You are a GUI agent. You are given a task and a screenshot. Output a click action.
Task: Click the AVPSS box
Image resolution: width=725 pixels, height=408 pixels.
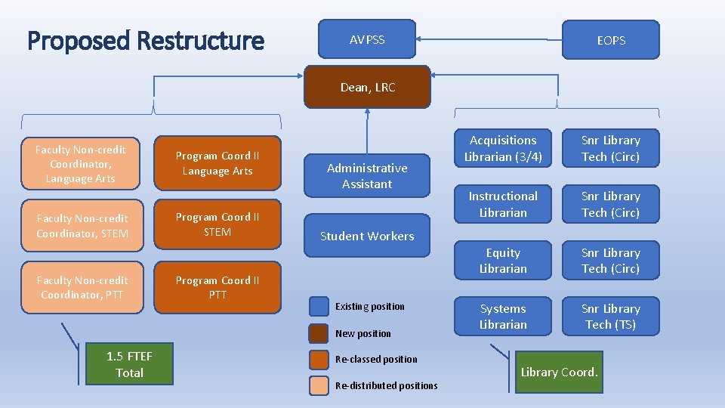pyautogui.click(x=367, y=39)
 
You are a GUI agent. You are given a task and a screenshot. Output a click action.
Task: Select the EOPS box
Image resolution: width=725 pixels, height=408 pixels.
pyautogui.click(x=611, y=40)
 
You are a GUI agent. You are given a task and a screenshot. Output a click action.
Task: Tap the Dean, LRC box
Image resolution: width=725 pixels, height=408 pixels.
pyautogui.click(x=367, y=87)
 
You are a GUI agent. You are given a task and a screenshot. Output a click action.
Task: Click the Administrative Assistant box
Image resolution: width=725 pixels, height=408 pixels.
pyautogui.click(x=367, y=176)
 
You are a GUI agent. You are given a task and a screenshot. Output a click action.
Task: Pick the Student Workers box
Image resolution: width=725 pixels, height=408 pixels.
pyautogui.click(x=367, y=236)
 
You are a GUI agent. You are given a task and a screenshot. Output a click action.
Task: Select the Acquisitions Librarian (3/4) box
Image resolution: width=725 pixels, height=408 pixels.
pyautogui.click(x=503, y=149)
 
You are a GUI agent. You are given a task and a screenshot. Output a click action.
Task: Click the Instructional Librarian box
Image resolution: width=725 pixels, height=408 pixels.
pyautogui.click(x=503, y=205)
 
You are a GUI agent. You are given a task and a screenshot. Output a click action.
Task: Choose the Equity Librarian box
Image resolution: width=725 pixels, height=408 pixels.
pyautogui.click(x=503, y=261)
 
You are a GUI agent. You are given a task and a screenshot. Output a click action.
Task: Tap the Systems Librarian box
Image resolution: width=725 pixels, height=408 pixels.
pyautogui.click(x=503, y=317)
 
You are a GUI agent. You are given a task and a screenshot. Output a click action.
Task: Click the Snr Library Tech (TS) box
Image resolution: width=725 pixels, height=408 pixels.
pyautogui.click(x=611, y=317)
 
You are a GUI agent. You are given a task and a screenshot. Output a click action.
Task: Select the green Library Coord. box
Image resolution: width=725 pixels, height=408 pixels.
pyautogui.click(x=560, y=372)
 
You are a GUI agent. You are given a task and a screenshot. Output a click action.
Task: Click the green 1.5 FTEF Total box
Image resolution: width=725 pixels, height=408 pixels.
pyautogui.click(x=129, y=364)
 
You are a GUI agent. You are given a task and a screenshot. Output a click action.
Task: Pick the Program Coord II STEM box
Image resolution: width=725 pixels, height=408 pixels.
pyautogui.click(x=217, y=224)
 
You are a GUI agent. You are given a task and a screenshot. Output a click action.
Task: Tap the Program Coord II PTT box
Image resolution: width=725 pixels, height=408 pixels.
pyautogui.click(x=217, y=287)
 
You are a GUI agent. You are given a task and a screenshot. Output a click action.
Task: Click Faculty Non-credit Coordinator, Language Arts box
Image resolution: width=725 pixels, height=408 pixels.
pyautogui.click(x=81, y=164)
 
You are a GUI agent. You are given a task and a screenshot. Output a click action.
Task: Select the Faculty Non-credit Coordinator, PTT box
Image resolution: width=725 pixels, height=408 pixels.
pyautogui.click(x=81, y=287)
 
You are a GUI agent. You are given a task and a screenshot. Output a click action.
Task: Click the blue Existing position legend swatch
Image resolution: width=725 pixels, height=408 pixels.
pyautogui.click(x=319, y=306)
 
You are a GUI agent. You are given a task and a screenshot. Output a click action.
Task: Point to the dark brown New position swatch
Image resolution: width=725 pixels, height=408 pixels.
pyautogui.click(x=319, y=333)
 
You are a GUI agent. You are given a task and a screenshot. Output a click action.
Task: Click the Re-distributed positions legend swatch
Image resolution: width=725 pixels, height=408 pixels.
pyautogui.click(x=319, y=385)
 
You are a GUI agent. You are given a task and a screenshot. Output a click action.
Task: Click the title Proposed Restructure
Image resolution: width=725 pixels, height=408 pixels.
pyautogui.click(x=146, y=40)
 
